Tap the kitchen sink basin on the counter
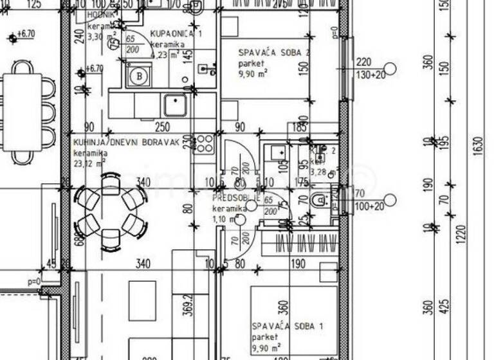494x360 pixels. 174,104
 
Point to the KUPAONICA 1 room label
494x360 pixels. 176,33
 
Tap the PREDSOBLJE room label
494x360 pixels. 235,198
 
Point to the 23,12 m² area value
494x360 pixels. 89,163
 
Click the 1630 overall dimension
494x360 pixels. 477,148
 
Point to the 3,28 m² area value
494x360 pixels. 322,172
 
